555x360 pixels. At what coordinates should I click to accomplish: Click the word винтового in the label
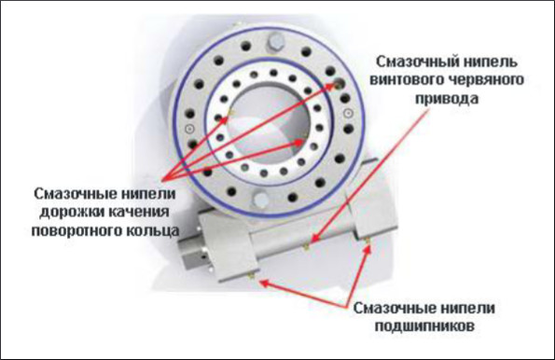(407, 79)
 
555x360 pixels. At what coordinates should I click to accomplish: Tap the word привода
(447, 99)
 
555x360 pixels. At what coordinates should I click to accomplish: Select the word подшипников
(424, 325)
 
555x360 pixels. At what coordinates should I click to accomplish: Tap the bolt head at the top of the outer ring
(275, 41)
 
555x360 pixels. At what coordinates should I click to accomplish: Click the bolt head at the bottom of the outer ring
(260, 200)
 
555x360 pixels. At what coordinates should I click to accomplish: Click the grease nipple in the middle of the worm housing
(307, 247)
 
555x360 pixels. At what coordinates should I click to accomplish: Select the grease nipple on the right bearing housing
(368, 241)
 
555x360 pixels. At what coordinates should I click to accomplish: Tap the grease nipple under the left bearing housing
(252, 276)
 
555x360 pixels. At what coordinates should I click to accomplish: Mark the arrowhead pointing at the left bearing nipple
(265, 283)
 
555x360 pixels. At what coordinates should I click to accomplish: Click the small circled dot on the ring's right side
(349, 113)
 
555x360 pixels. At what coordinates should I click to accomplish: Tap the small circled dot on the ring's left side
(190, 130)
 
